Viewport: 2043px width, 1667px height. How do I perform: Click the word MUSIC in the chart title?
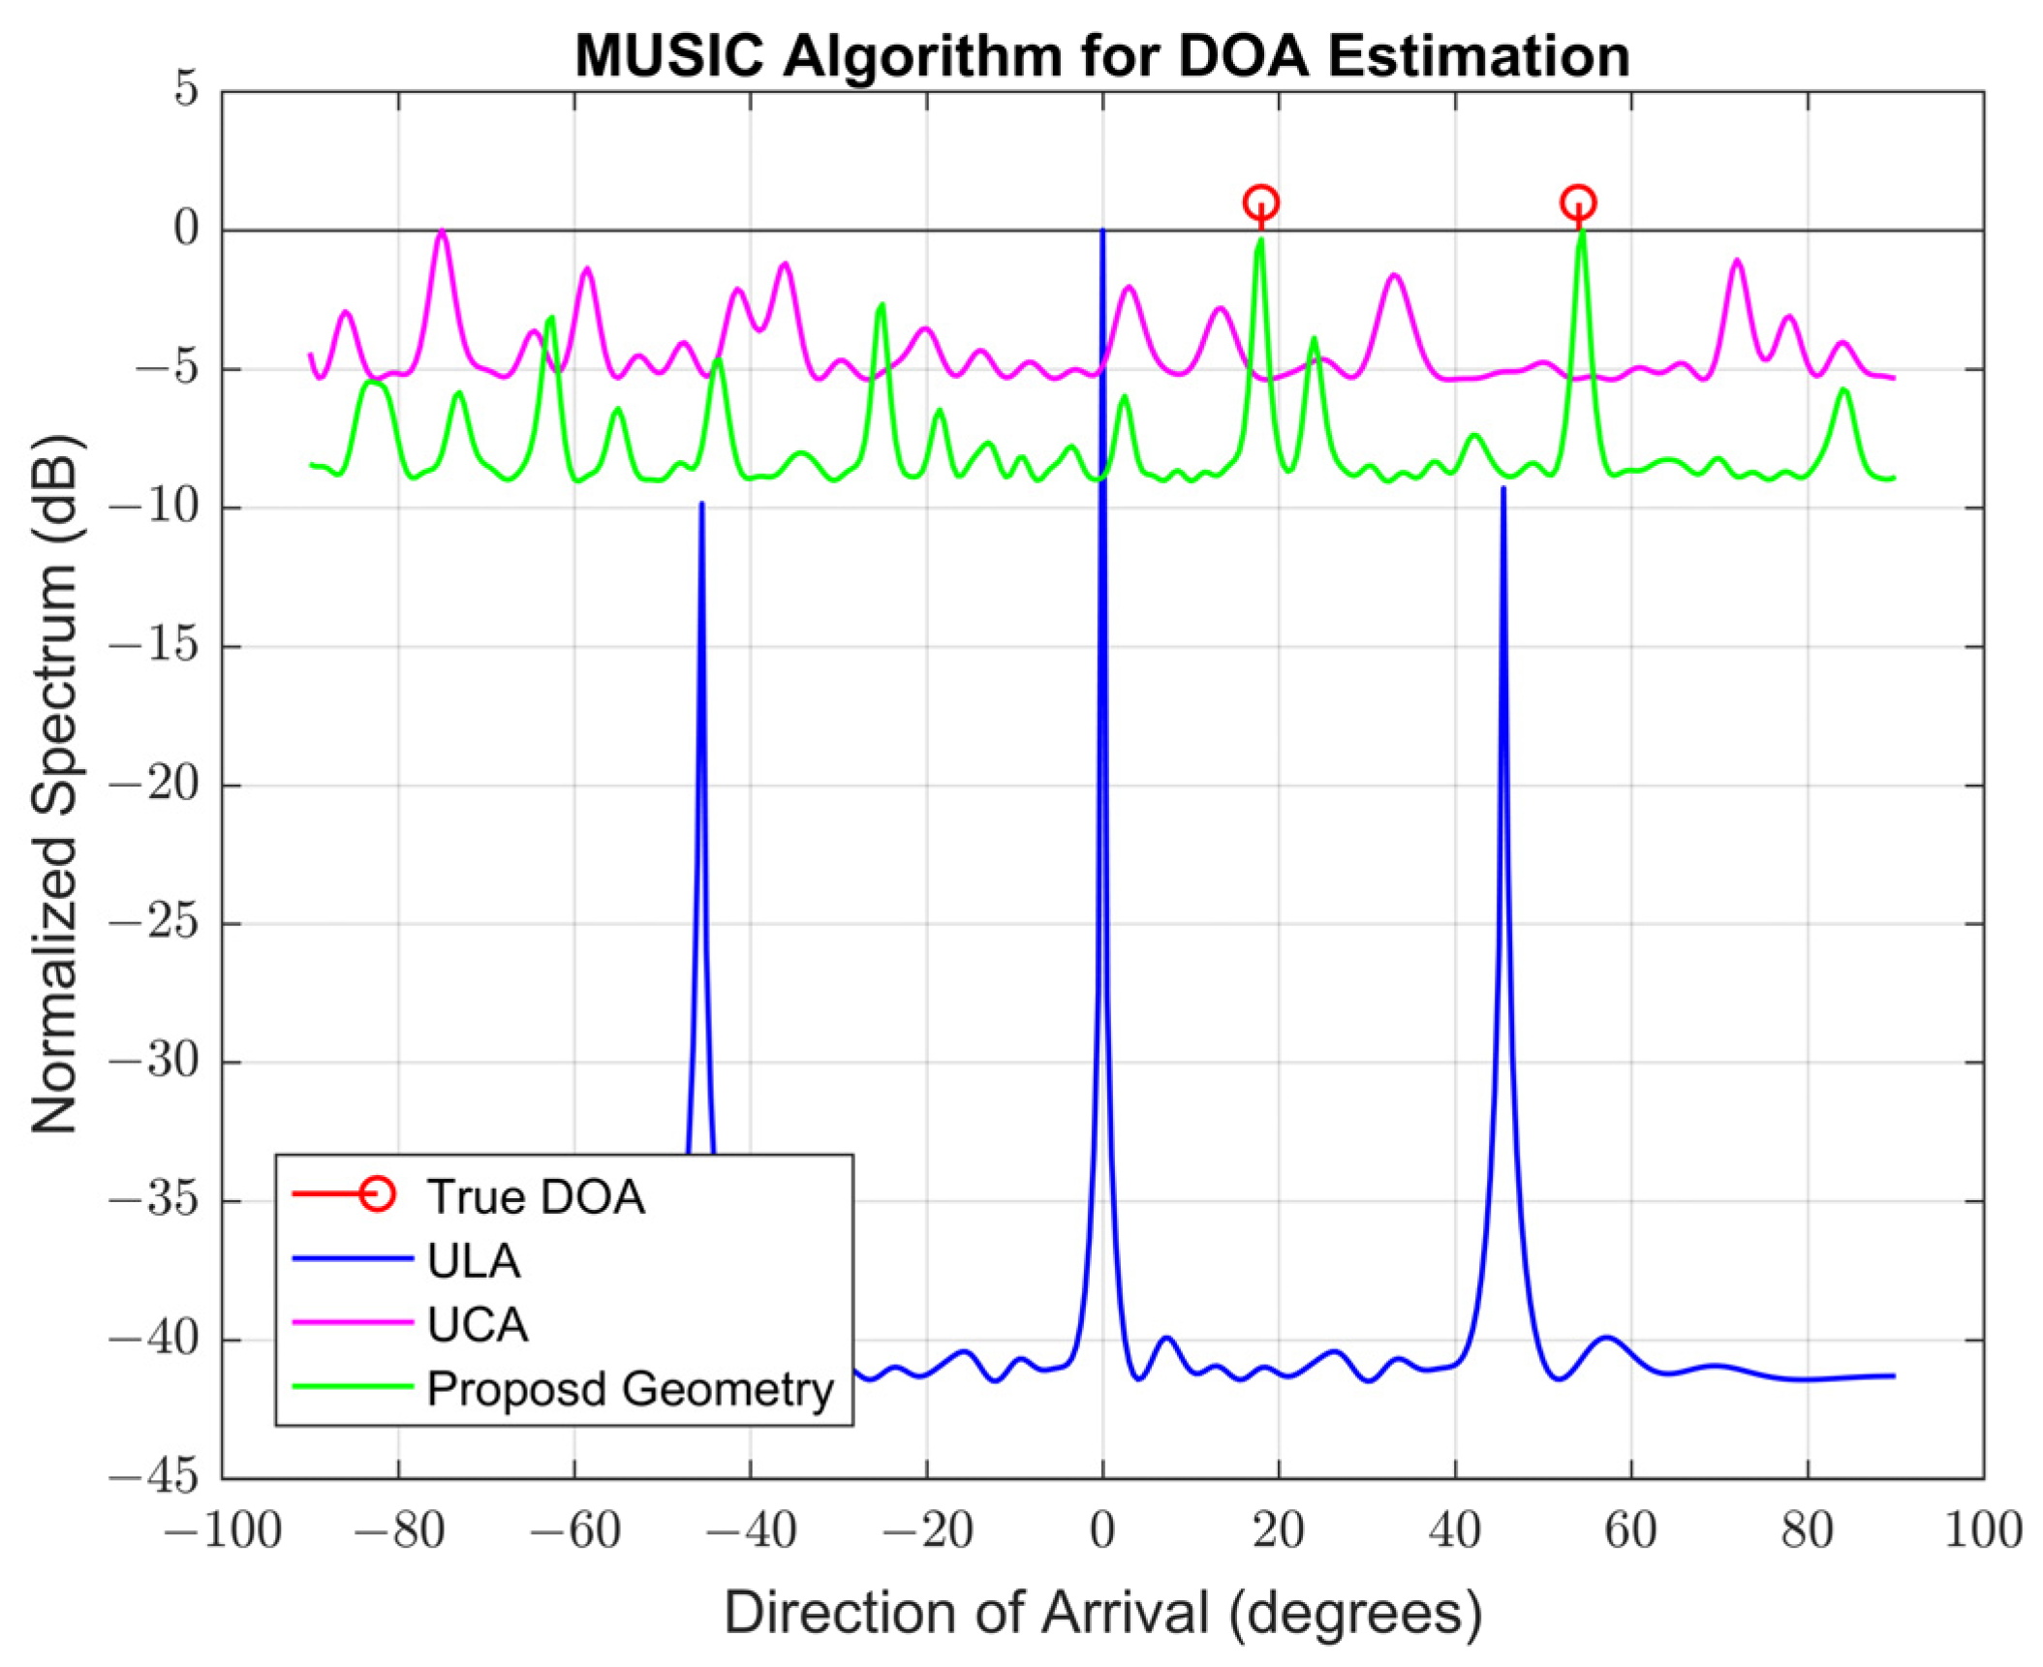pyautogui.click(x=671, y=56)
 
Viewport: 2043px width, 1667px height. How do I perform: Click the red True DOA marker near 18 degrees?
pyautogui.click(x=1260, y=202)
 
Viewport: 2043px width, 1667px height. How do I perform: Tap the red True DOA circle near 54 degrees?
pyautogui.click(x=1578, y=202)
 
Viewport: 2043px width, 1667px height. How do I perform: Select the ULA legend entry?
pyautogui.click(x=474, y=1261)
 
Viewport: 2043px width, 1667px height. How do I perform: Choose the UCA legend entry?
pyautogui.click(x=478, y=1324)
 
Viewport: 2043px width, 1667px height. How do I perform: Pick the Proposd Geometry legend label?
pyautogui.click(x=630, y=1388)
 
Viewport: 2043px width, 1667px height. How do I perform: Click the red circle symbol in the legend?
pyautogui.click(x=376, y=1194)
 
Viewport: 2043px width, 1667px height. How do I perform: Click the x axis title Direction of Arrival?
pyautogui.click(x=1102, y=1613)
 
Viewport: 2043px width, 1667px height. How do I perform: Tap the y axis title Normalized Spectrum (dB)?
pyautogui.click(x=55, y=785)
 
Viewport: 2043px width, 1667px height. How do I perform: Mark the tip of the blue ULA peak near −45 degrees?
pyautogui.click(x=701, y=505)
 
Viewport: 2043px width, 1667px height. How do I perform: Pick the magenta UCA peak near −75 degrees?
pyautogui.click(x=442, y=232)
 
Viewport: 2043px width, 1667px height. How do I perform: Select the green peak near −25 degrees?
pyautogui.click(x=882, y=305)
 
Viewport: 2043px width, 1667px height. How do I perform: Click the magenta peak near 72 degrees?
pyautogui.click(x=1737, y=260)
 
